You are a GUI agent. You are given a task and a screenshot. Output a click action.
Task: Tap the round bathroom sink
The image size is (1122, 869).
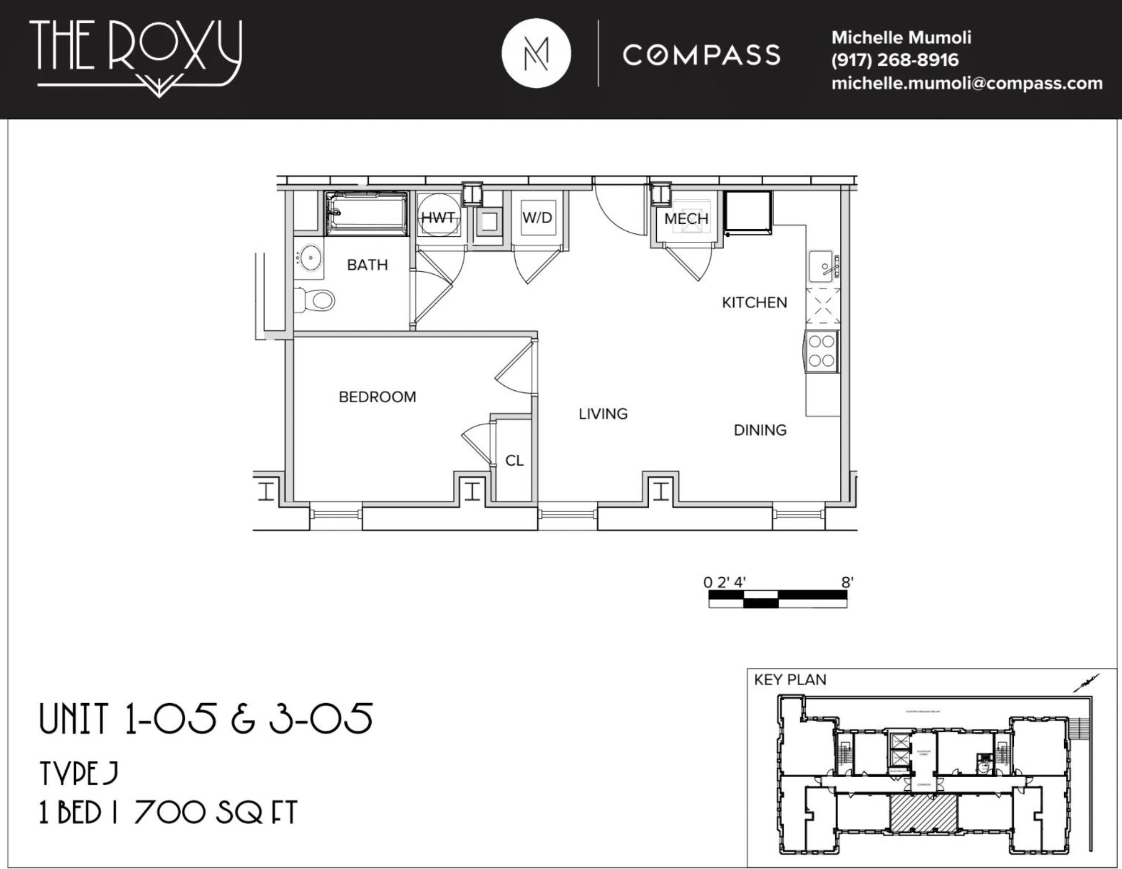tap(310, 258)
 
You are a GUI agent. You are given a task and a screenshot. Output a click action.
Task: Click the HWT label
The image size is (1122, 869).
tap(438, 218)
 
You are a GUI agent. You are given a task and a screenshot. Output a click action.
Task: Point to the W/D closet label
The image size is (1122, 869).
tap(537, 218)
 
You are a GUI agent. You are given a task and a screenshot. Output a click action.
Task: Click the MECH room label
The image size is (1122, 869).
tap(686, 219)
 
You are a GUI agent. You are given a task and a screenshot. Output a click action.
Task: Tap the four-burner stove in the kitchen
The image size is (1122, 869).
tap(822, 351)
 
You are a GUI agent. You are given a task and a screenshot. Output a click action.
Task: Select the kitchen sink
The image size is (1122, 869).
tap(822, 266)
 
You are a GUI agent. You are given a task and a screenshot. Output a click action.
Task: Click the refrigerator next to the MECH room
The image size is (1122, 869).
tap(748, 213)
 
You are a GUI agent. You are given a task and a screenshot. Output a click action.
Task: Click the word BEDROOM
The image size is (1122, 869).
tap(377, 397)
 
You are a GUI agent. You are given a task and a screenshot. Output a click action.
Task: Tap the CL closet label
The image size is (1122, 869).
tap(515, 461)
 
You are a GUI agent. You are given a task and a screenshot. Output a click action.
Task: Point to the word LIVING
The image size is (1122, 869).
tap(603, 414)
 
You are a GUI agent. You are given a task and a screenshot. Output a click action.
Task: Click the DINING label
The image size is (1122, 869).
tap(760, 431)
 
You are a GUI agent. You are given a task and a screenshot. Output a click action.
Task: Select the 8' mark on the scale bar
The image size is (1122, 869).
tap(847, 582)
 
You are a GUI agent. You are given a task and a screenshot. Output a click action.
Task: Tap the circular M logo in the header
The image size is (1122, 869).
tap(536, 54)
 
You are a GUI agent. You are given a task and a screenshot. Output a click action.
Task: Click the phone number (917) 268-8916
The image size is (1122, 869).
tap(895, 60)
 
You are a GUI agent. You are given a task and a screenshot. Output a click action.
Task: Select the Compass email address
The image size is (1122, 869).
tap(967, 83)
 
